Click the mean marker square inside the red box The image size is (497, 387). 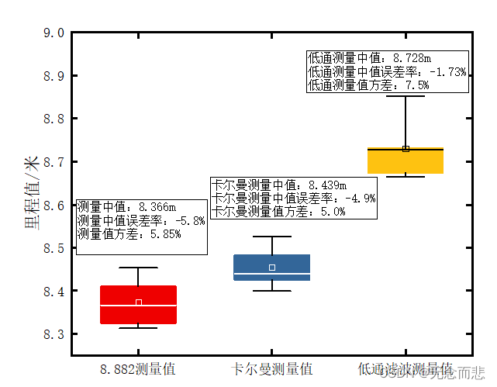tap(138, 302)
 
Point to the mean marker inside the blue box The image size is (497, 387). tap(272, 268)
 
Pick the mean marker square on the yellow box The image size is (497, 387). tap(406, 149)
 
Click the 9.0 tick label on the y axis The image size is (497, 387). tap(53, 33)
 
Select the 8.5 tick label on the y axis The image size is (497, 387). tap(53, 249)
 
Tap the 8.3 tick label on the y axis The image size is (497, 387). tap(53, 335)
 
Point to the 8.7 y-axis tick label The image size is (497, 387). tap(53, 163)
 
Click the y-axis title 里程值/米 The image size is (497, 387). tap(33, 192)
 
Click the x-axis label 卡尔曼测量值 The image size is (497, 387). tap(272, 368)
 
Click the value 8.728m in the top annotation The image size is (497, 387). tap(412, 58)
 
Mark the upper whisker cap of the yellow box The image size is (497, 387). tap(406, 96)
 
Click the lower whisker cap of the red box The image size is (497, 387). tap(138, 328)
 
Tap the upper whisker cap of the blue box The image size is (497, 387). tap(272, 237)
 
